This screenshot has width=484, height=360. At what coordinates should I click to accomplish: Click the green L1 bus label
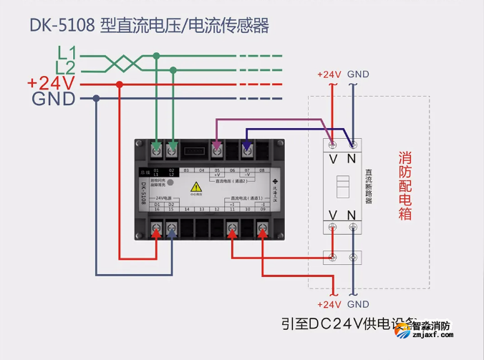point(67,52)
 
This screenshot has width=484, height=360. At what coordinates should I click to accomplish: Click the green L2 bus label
point(67,68)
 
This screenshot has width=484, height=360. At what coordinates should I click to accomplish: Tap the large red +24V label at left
point(51,83)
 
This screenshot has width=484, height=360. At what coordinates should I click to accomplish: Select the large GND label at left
point(54,99)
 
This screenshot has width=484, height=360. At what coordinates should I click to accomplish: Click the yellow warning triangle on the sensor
point(195,188)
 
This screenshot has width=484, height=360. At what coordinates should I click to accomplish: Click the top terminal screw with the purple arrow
point(217,150)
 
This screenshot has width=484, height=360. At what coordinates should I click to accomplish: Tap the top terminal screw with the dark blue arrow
point(247,150)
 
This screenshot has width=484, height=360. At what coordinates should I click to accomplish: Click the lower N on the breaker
point(352,215)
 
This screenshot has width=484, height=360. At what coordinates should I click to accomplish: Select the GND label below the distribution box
point(358,304)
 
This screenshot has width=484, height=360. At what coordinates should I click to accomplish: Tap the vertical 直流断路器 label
point(368,187)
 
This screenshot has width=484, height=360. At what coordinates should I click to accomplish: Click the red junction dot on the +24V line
point(120,84)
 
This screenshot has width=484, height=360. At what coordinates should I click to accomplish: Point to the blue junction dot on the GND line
point(95,99)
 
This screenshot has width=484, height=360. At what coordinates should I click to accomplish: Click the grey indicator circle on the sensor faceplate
point(171,183)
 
